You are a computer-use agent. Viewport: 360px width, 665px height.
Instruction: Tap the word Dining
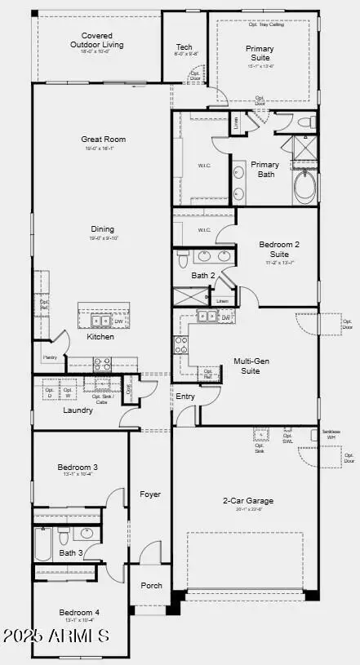tap(103, 229)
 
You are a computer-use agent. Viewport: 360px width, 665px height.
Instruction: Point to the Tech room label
tap(184, 47)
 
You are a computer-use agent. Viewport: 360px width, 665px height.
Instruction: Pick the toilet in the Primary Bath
tap(305, 122)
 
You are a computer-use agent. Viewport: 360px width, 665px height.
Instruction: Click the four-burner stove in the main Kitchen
tap(102, 364)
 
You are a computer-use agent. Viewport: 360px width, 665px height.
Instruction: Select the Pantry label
tap(49, 357)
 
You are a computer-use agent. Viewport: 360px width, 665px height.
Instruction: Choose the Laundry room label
tap(78, 410)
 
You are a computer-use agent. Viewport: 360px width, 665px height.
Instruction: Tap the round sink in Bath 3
tap(86, 535)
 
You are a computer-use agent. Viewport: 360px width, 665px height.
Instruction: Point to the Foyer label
tap(150, 494)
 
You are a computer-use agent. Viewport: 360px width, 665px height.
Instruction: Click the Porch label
tap(151, 586)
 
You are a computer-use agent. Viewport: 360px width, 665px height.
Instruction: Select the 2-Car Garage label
tap(247, 501)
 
